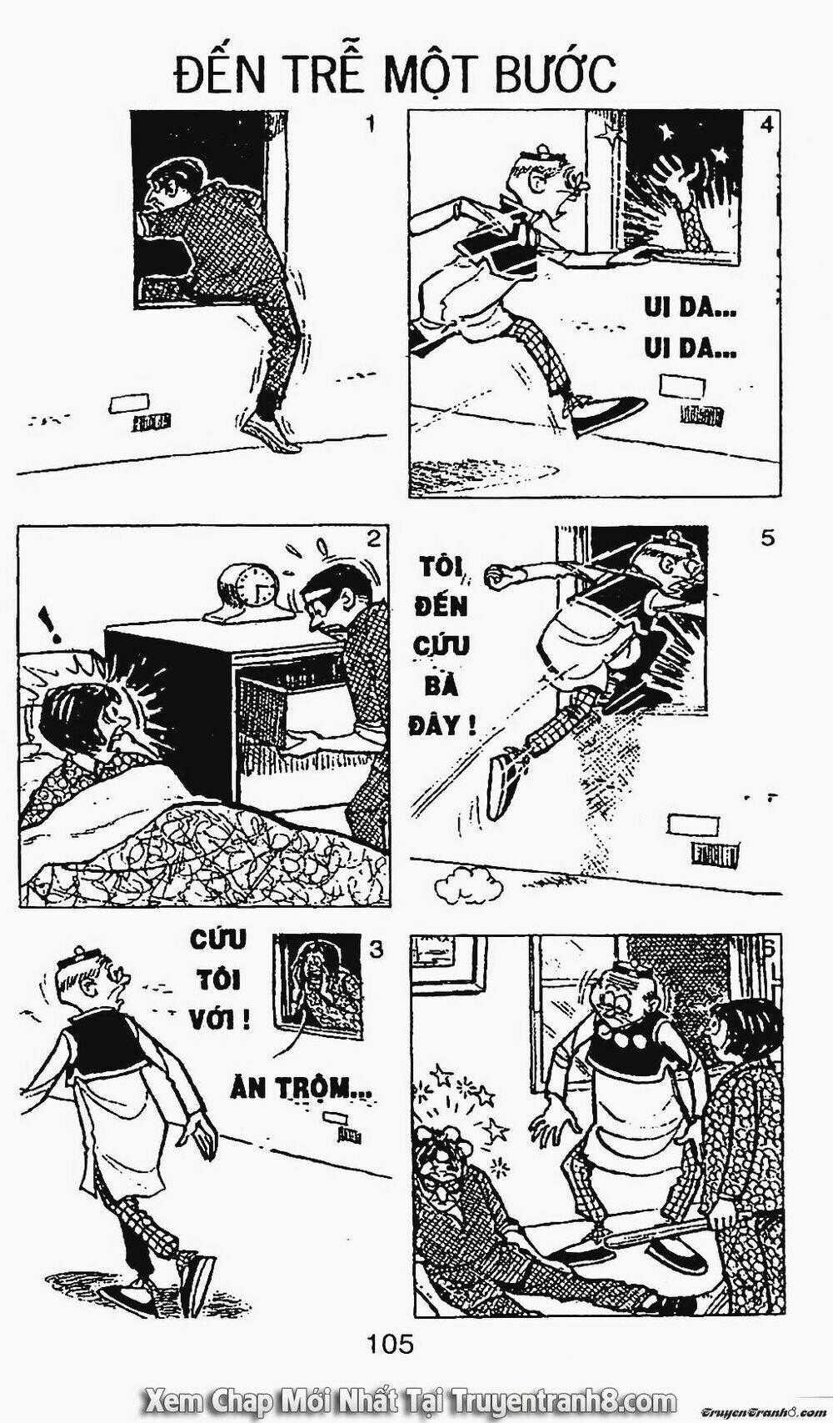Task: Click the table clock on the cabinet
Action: coord(246,591)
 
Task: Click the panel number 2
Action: coord(373,539)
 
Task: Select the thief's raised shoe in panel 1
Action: coord(271,433)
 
